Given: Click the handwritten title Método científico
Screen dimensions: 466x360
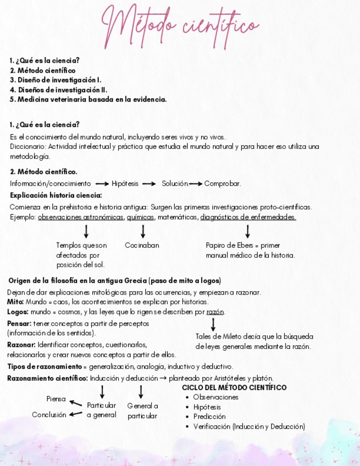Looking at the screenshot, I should (180, 25).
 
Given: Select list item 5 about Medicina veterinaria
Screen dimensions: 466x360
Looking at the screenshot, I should (88, 99).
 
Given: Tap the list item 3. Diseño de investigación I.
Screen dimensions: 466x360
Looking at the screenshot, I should (56, 80).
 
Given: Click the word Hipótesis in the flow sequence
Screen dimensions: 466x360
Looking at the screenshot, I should (125, 184).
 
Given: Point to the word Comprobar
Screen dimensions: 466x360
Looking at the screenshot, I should (223, 184).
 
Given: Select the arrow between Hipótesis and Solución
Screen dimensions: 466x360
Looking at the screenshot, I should (149, 184).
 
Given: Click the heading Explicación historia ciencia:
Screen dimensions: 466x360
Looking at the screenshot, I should (56, 195).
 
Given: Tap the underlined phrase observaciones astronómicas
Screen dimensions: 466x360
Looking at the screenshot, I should (81, 217).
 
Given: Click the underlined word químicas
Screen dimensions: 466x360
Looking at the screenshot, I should (140, 217).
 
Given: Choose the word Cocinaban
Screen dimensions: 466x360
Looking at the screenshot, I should (142, 245).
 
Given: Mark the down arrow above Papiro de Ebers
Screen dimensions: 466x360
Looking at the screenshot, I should (248, 231).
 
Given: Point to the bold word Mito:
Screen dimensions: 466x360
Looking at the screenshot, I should (15, 302).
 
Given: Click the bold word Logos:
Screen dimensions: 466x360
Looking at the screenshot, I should (18, 312).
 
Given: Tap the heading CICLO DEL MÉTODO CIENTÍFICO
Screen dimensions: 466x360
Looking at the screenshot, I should (234, 387).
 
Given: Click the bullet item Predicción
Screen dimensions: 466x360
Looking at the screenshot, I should (209, 417).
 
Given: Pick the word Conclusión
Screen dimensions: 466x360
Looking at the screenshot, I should (49, 415).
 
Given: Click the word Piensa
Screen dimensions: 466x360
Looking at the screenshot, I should (56, 399).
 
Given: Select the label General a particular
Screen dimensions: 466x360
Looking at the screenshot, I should (142, 411).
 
